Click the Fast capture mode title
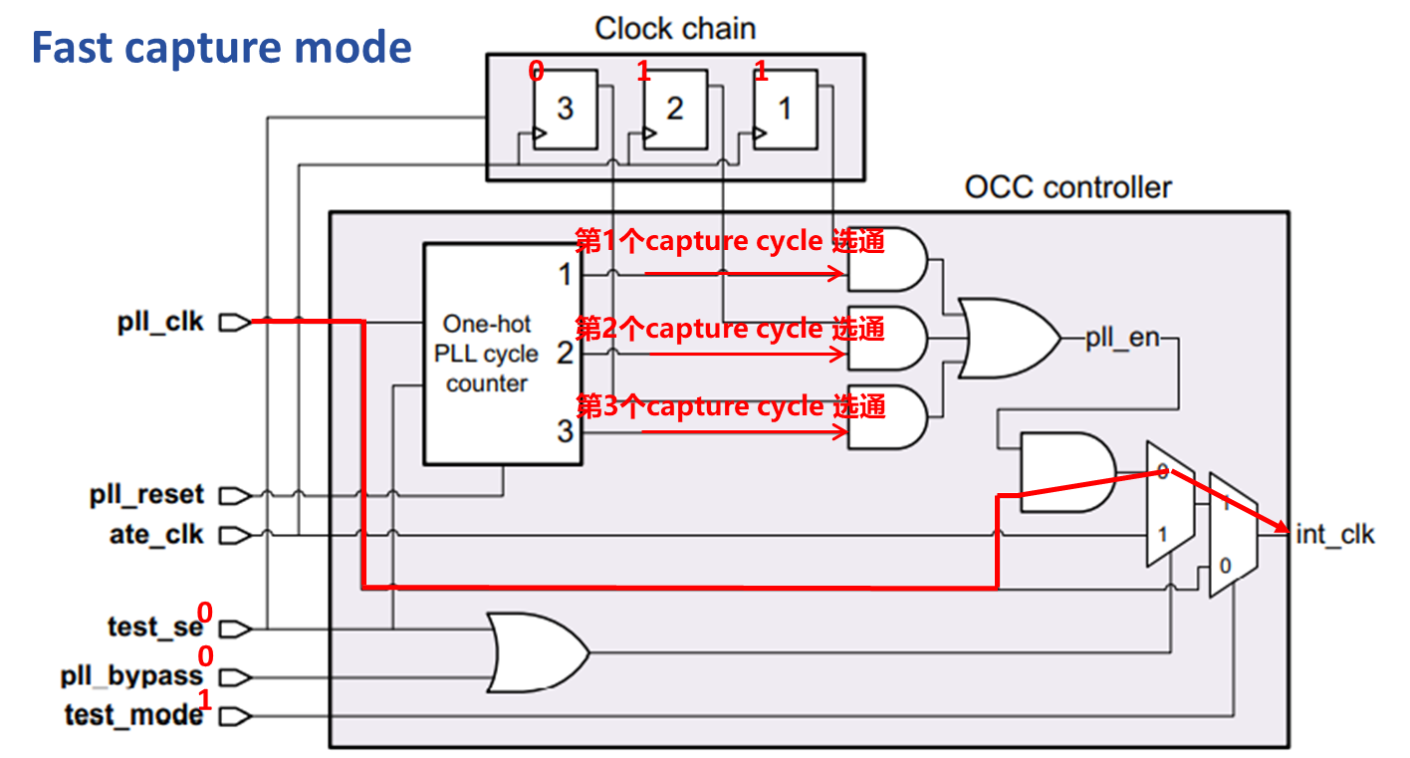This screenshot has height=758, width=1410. click(222, 48)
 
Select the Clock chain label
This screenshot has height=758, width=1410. click(675, 28)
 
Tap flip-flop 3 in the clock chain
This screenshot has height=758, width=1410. click(565, 109)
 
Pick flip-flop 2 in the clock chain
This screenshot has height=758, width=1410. click(674, 109)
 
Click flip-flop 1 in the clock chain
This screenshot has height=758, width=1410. click(784, 109)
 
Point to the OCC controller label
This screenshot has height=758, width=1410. click(1067, 187)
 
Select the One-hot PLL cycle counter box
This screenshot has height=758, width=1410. click(503, 354)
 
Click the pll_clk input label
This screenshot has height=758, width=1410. click(160, 322)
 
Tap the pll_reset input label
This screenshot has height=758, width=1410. click(146, 495)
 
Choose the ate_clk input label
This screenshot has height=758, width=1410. click(156, 535)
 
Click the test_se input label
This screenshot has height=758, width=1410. click(155, 628)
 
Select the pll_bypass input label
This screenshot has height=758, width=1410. click(131, 677)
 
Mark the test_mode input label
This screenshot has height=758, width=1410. click(133, 715)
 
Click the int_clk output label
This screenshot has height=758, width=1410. click(1334, 534)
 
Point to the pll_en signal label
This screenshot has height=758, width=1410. click(1122, 338)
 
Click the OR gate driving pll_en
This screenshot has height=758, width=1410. click(1006, 338)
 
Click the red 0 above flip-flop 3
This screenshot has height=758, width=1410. click(536, 71)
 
